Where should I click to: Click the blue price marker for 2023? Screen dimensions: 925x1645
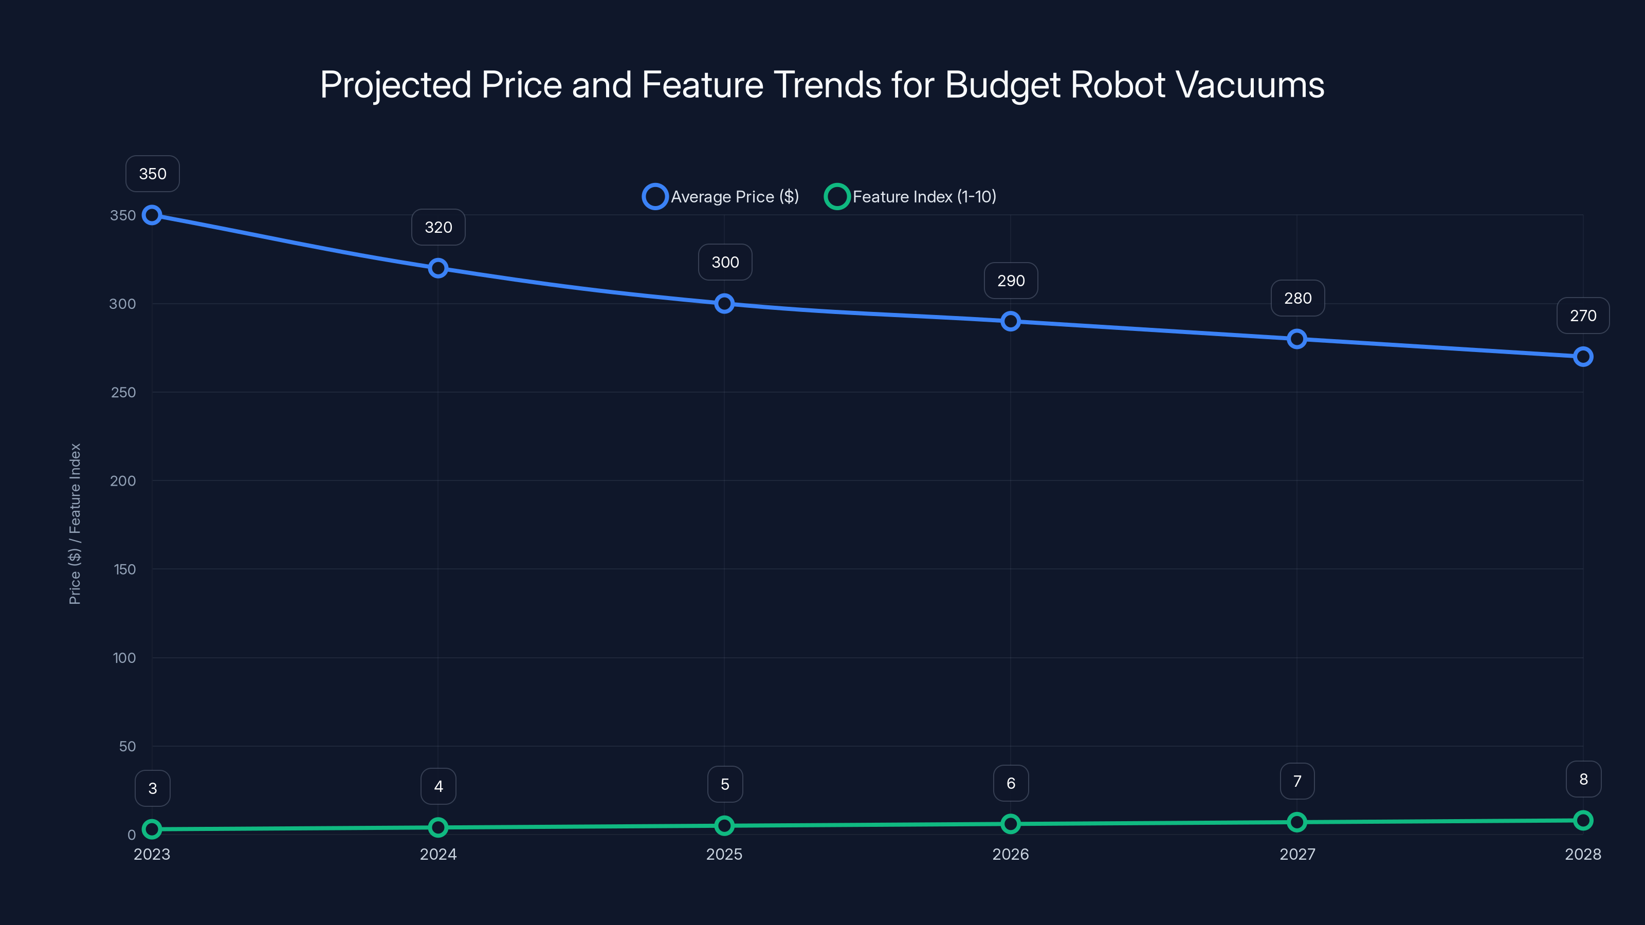152,215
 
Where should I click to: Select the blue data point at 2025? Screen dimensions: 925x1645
724,303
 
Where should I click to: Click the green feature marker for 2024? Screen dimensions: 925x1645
438,827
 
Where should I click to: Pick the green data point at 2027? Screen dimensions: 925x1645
1296,822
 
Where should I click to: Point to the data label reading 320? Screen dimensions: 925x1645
438,227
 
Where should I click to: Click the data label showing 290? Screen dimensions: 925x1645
1010,281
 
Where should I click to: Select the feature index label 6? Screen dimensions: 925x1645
1010,783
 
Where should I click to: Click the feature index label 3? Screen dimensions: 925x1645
152,788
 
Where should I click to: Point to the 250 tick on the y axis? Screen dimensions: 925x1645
123,392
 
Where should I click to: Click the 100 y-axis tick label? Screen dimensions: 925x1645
124,658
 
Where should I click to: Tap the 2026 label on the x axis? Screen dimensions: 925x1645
1010,854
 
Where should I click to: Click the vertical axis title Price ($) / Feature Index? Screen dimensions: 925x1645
75,524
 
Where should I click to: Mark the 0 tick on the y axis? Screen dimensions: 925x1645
132,835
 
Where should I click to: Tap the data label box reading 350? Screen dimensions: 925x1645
152,174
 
